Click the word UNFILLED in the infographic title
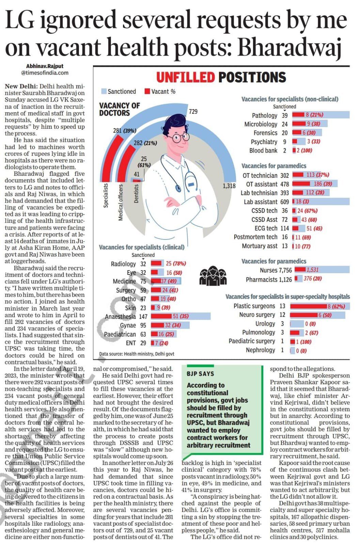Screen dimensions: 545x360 pos(186,77)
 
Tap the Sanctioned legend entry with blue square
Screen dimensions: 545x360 pos(119,91)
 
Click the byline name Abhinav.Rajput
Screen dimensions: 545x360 pos(45,66)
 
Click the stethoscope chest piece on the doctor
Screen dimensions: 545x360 pos(178,188)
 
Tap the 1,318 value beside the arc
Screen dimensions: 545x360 pos(229,186)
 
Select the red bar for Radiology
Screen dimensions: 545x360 pos(157,263)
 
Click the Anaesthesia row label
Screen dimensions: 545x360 pos(120,316)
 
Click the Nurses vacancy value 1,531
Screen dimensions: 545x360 pos(312,270)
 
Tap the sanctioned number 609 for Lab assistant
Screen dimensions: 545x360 pos(284,202)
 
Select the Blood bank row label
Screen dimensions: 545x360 pos(263,151)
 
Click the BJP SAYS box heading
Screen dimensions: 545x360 pos(200,374)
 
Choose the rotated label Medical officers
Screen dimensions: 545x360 pos(121,202)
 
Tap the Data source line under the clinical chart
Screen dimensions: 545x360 pos(137,354)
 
